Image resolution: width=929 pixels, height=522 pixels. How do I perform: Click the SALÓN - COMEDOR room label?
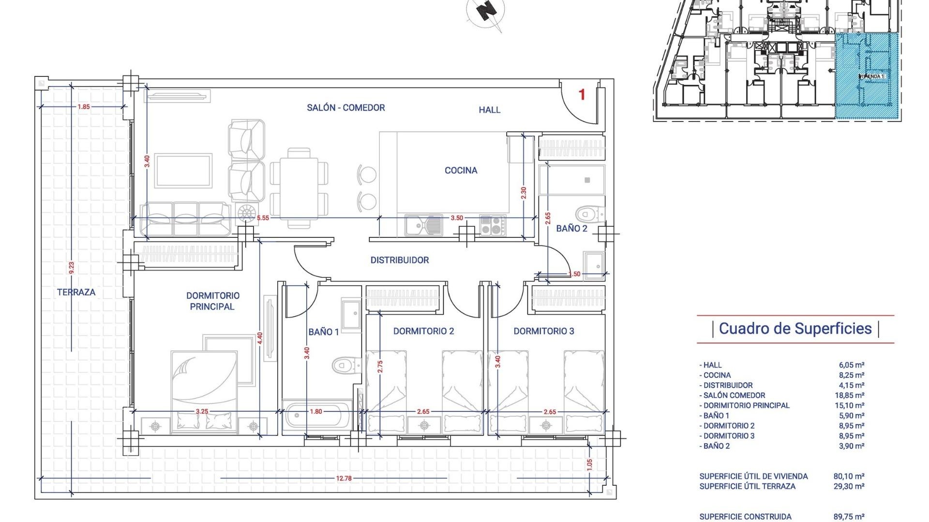(345, 108)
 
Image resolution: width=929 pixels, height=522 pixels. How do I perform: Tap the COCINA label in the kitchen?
(461, 170)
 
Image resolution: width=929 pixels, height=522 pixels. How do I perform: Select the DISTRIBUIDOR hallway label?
(399, 260)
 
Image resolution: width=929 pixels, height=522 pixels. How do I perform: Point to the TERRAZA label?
(76, 292)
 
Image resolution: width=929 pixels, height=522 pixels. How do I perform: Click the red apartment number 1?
(582, 95)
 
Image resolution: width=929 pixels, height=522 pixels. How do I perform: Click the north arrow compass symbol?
(486, 11)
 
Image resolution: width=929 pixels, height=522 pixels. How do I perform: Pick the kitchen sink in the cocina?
(423, 225)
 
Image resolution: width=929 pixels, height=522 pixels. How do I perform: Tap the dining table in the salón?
(299, 188)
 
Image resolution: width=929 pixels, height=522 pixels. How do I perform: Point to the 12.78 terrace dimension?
(344, 478)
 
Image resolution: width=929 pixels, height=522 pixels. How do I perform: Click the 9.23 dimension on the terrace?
(72, 268)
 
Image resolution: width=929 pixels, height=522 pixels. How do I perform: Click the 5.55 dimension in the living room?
(263, 218)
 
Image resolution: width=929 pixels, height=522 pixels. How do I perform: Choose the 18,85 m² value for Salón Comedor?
(852, 395)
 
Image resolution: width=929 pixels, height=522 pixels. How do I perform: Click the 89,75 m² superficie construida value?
(852, 517)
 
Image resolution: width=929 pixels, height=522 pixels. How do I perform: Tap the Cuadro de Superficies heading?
(795, 329)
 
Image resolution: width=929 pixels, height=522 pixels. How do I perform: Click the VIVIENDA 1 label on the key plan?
(871, 76)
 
